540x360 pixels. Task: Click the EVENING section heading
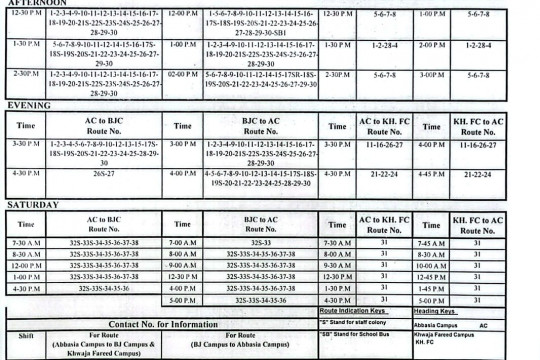click(x=29, y=105)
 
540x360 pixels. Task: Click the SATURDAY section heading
click(x=33, y=205)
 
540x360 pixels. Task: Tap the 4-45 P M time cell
click(x=431, y=173)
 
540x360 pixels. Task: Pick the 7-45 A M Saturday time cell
click(x=431, y=243)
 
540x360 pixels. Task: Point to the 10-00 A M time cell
click(x=431, y=266)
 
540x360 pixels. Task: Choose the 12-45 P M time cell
click(x=431, y=277)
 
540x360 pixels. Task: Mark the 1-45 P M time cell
click(x=431, y=289)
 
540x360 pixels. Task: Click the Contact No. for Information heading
click(x=163, y=324)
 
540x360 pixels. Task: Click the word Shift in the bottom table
click(x=27, y=337)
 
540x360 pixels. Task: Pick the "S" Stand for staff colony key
click(x=360, y=324)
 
